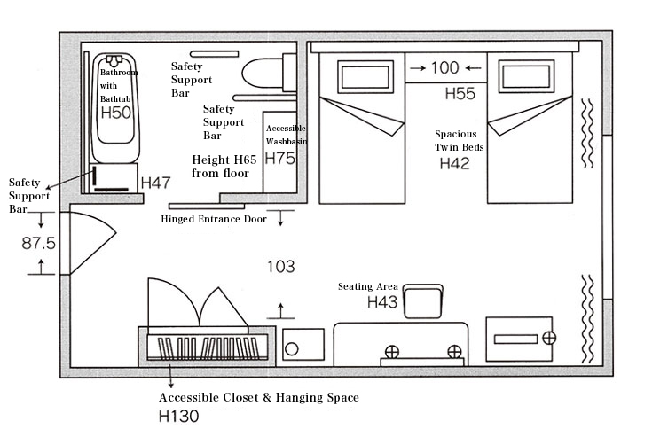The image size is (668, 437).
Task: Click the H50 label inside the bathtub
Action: pyautogui.click(x=116, y=113)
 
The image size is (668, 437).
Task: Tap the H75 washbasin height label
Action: pyautogui.click(x=280, y=159)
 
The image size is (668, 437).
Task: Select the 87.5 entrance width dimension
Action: pyautogui.click(x=38, y=244)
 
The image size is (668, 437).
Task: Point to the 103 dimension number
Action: pyautogui.click(x=280, y=267)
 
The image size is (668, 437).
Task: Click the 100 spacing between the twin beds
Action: pyautogui.click(x=444, y=67)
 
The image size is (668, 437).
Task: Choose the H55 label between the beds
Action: pyautogui.click(x=460, y=94)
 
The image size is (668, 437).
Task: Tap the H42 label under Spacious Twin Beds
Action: pyautogui.click(x=454, y=163)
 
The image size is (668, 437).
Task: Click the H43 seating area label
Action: pyautogui.click(x=382, y=302)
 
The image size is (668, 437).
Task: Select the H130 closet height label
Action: pyautogui.click(x=178, y=416)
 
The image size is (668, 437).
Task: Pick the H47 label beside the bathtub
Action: pyautogui.click(x=155, y=183)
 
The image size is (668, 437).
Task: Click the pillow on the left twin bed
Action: pyautogui.click(x=365, y=76)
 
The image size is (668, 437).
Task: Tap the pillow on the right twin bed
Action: pyautogui.click(x=527, y=76)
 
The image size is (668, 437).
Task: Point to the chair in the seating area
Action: pyautogui.click(x=423, y=301)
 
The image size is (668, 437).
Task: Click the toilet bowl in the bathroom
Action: pyautogui.click(x=263, y=74)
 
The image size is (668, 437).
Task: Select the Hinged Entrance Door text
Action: pyautogui.click(x=214, y=220)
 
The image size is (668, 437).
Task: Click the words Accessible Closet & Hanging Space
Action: pyautogui.click(x=258, y=398)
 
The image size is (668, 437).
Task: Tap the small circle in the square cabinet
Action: pyautogui.click(x=291, y=349)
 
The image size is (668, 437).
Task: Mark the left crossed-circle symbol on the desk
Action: pyautogui.click(x=392, y=352)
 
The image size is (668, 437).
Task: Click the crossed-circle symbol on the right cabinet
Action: pyautogui.click(x=549, y=339)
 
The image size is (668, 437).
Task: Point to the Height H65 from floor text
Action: pyautogui.click(x=224, y=167)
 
